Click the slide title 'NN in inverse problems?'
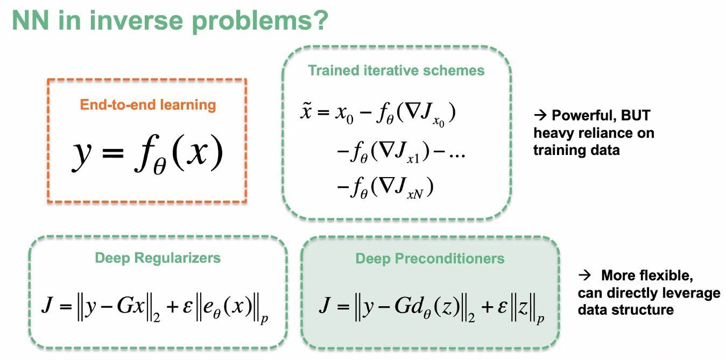tap(170, 21)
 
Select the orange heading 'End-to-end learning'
tap(148, 104)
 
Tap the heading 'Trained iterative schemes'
tap(396, 70)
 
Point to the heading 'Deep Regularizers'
tap(158, 258)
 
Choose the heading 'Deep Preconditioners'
tap(430, 259)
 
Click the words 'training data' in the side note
tap(576, 150)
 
